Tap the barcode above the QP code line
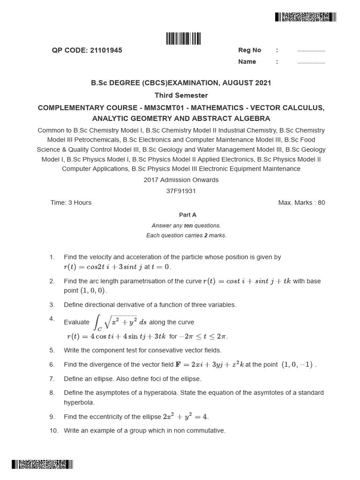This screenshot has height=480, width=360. click(183, 38)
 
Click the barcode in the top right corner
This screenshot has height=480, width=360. click(305, 17)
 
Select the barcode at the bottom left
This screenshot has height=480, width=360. click(43, 465)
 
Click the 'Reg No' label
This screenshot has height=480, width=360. click(250, 50)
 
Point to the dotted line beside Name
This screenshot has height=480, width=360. click(311, 62)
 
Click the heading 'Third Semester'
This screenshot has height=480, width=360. click(181, 95)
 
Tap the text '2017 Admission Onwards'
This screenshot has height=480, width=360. click(181, 180)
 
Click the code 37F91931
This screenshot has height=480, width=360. click(181, 191)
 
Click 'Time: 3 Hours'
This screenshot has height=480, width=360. click(71, 202)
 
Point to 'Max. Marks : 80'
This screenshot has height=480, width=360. click(301, 202)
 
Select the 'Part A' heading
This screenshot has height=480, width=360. click(187, 215)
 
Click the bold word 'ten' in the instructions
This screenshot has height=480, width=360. click(188, 225)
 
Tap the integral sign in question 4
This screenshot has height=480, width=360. click(97, 322)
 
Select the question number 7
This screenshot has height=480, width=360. click(52, 379)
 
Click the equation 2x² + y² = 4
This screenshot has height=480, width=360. click(185, 416)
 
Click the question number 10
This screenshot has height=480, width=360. click(53, 430)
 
